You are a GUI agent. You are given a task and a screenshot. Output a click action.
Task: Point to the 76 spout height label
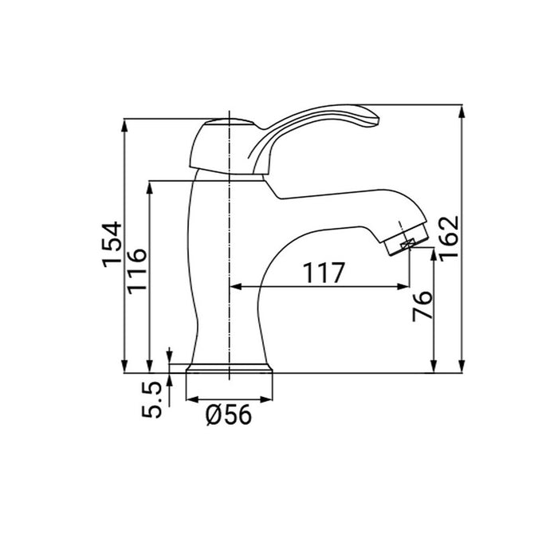click(422, 306)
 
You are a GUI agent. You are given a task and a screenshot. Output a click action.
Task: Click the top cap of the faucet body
click(230, 124)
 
